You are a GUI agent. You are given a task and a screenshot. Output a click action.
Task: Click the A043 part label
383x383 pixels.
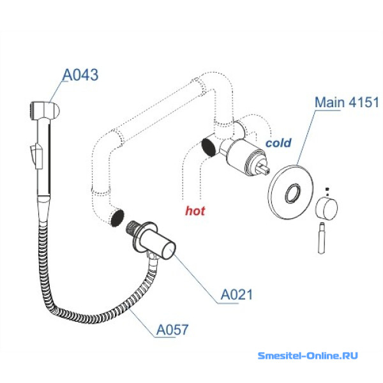(80, 75)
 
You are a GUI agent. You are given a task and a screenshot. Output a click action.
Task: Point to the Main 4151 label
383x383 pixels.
(347, 102)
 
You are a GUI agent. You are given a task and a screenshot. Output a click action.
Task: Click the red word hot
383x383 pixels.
(195, 210)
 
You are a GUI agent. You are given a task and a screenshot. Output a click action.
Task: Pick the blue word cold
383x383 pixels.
(278, 143)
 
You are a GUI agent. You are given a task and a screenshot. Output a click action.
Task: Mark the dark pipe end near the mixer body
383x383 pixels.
(207, 147)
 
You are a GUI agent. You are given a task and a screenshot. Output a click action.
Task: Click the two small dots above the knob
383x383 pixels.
(327, 189)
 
